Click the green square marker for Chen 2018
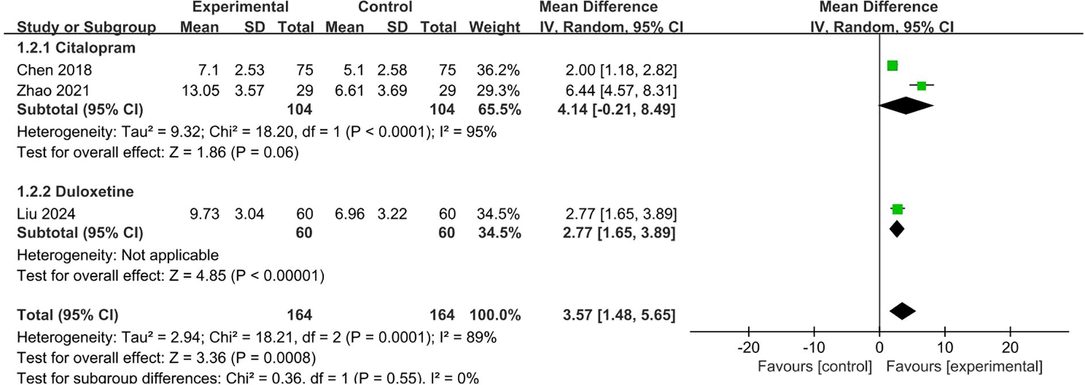(892, 66)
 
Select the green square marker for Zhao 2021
(921, 86)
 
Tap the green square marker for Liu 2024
(897, 209)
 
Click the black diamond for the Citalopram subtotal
(906, 106)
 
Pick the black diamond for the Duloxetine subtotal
(897, 230)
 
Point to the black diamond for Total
(902, 312)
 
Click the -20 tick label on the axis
(748, 348)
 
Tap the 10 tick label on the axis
(945, 348)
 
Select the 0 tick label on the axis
(879, 348)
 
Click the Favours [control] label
(815, 367)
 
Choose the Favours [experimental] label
(964, 367)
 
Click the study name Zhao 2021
(53, 91)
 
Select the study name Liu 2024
(46, 214)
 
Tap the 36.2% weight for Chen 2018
(498, 70)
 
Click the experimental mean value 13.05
(200, 91)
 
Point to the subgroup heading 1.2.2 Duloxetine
(75, 192)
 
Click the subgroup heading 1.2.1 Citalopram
(76, 48)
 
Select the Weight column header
(494, 27)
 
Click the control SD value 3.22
(392, 214)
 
